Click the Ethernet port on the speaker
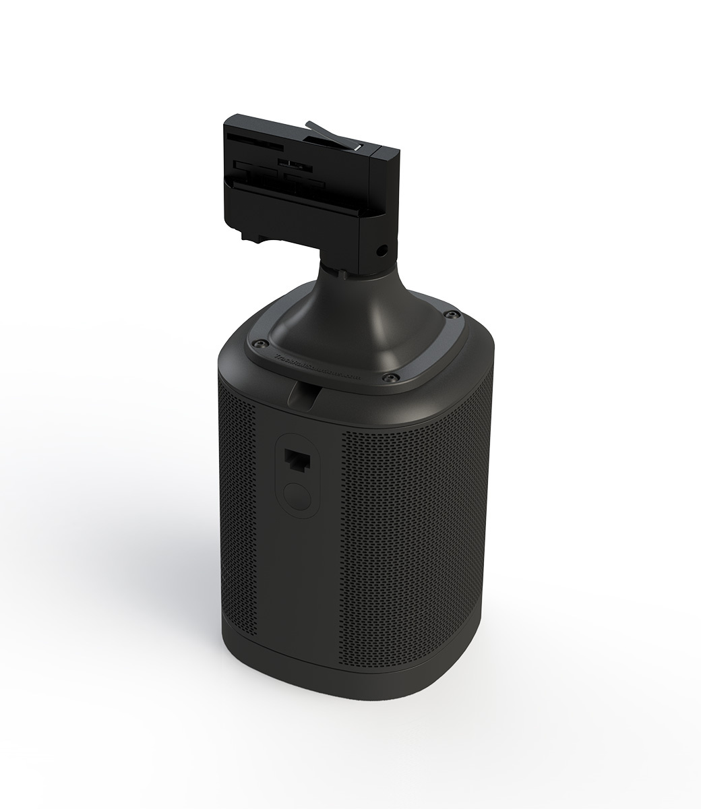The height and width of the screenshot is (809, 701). tap(295, 460)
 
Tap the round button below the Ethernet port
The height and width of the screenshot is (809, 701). tap(295, 498)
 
